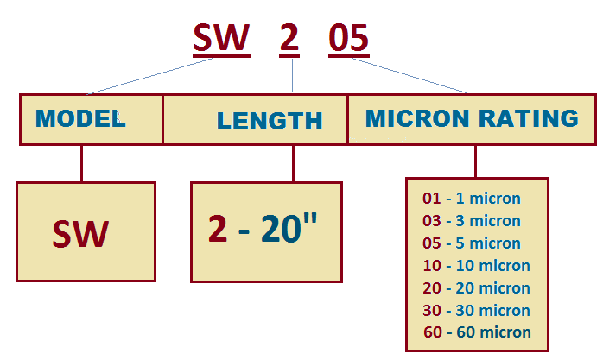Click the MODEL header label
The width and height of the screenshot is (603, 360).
[x=80, y=118]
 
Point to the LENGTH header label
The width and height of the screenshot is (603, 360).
[x=270, y=121]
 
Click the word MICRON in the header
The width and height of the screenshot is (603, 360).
[x=417, y=118]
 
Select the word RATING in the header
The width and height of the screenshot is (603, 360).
[x=529, y=118]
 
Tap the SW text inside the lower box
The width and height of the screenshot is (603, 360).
[x=80, y=234]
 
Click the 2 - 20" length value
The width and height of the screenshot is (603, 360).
[x=263, y=228]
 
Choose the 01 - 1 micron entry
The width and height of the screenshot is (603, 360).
[x=472, y=199]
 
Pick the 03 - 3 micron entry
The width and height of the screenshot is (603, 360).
[x=472, y=220]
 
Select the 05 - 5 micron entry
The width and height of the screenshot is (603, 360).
[x=472, y=243]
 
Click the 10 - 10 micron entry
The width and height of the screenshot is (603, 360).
[x=477, y=266]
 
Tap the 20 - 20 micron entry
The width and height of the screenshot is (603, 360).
[x=477, y=287]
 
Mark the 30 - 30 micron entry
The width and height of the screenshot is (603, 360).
[x=477, y=310]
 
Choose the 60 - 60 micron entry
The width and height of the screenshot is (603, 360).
[x=477, y=332]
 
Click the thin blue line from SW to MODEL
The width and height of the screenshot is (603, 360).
[x=150, y=76]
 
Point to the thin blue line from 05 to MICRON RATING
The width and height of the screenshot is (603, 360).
[x=409, y=75]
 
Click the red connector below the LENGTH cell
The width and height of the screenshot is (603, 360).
[x=294, y=163]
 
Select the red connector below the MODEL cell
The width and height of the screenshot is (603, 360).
[x=81, y=163]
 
